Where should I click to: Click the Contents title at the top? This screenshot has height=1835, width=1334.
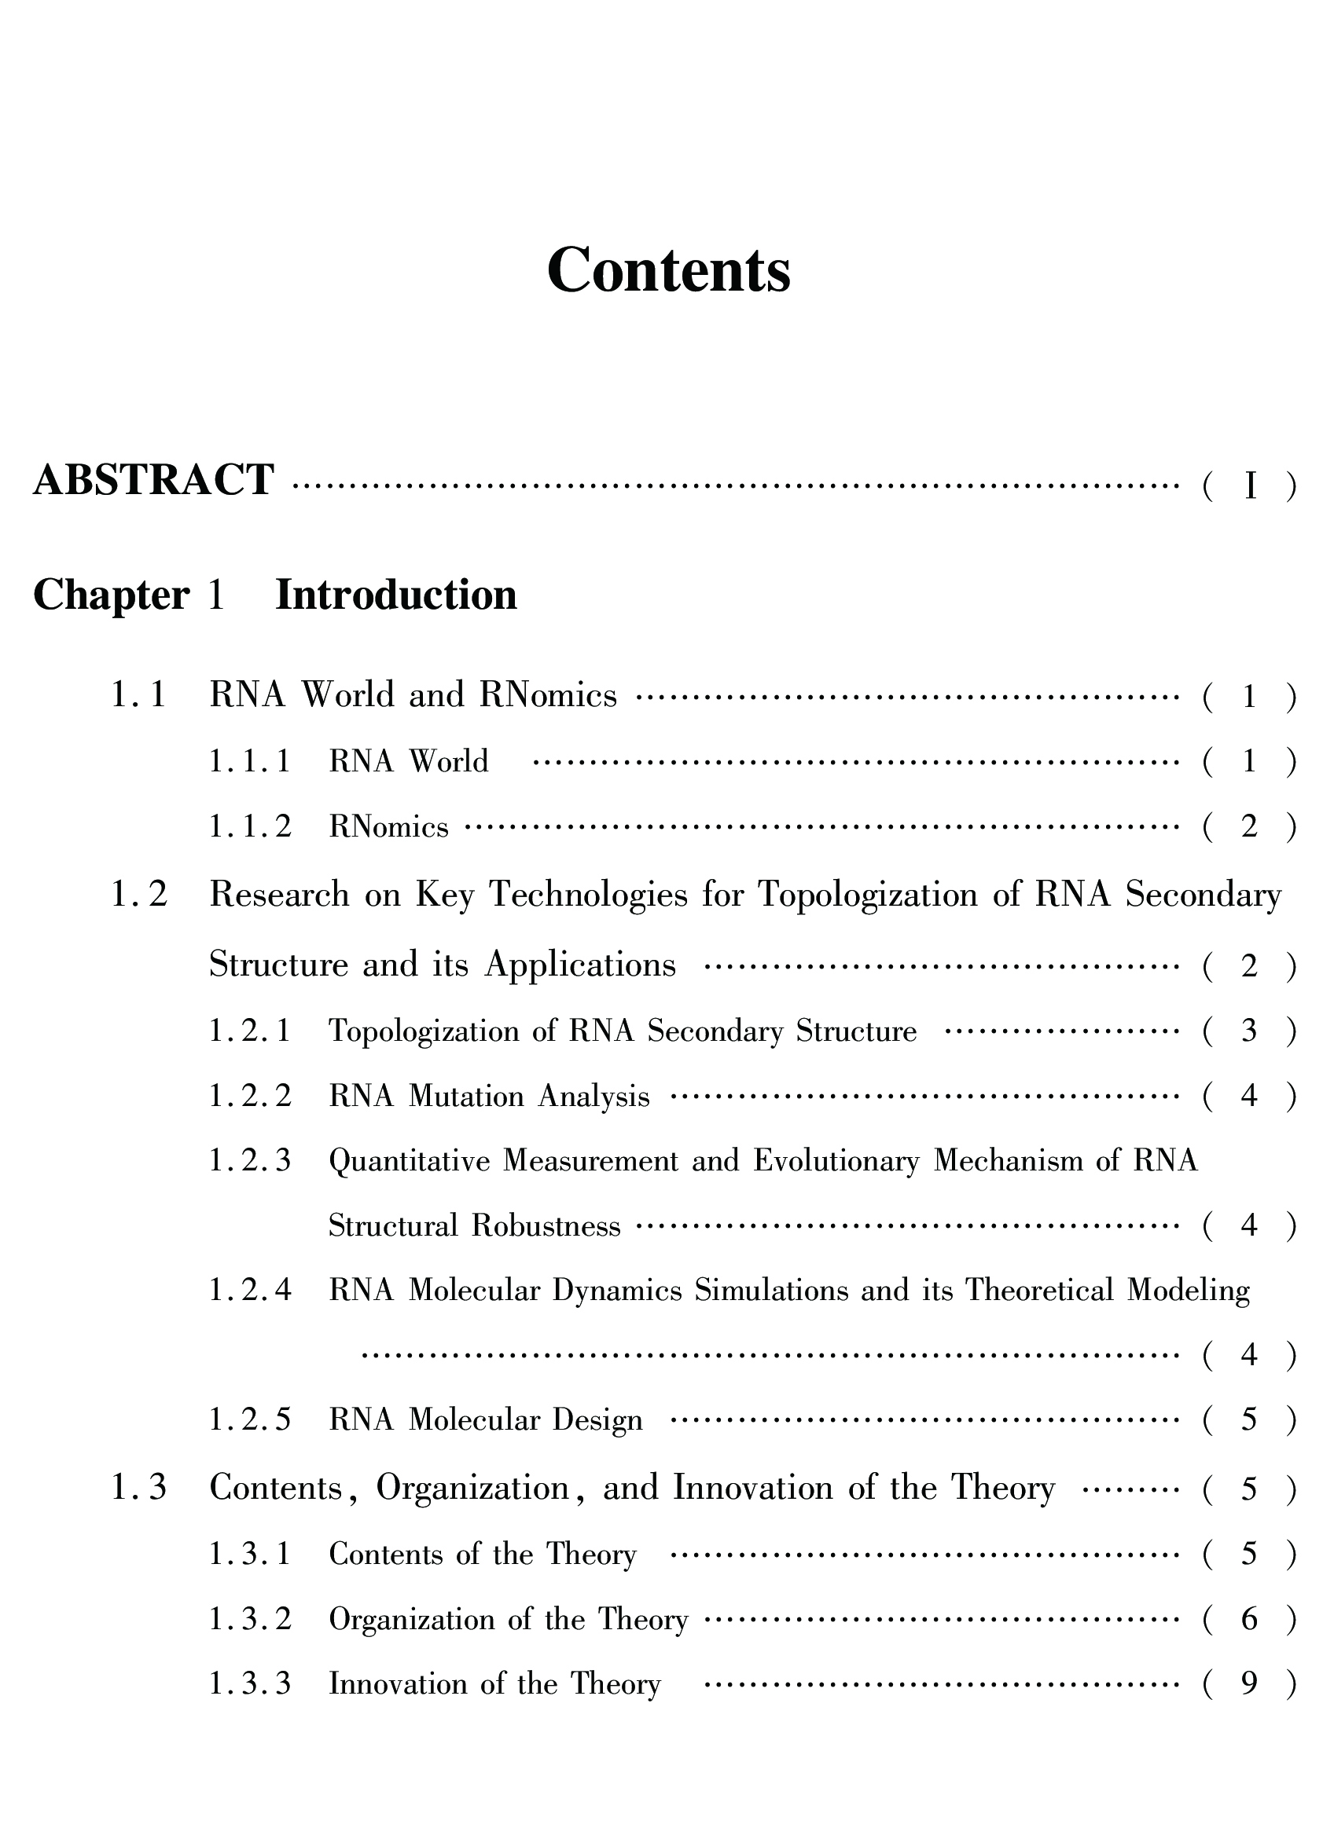click(x=669, y=270)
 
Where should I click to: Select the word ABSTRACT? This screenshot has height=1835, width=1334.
click(x=154, y=480)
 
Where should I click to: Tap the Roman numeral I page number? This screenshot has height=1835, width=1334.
click(x=1250, y=486)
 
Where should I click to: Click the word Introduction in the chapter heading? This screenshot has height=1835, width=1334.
click(x=396, y=595)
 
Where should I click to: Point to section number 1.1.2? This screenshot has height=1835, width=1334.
click(x=249, y=827)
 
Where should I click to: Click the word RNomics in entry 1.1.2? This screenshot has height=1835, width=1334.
click(x=388, y=827)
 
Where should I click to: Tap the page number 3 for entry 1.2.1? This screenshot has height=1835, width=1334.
click(x=1249, y=1031)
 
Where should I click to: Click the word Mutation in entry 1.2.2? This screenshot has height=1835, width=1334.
click(x=466, y=1097)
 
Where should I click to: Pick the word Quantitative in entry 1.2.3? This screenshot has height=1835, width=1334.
click(x=409, y=1162)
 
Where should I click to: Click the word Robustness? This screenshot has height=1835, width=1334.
click(x=546, y=1225)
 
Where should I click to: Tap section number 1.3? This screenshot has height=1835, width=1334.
click(x=138, y=1487)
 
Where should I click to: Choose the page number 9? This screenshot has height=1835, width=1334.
click(x=1249, y=1683)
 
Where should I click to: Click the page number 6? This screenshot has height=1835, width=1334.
click(x=1249, y=1619)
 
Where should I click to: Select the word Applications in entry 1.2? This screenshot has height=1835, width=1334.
click(x=579, y=965)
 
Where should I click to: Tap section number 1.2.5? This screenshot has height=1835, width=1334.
click(x=249, y=1420)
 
